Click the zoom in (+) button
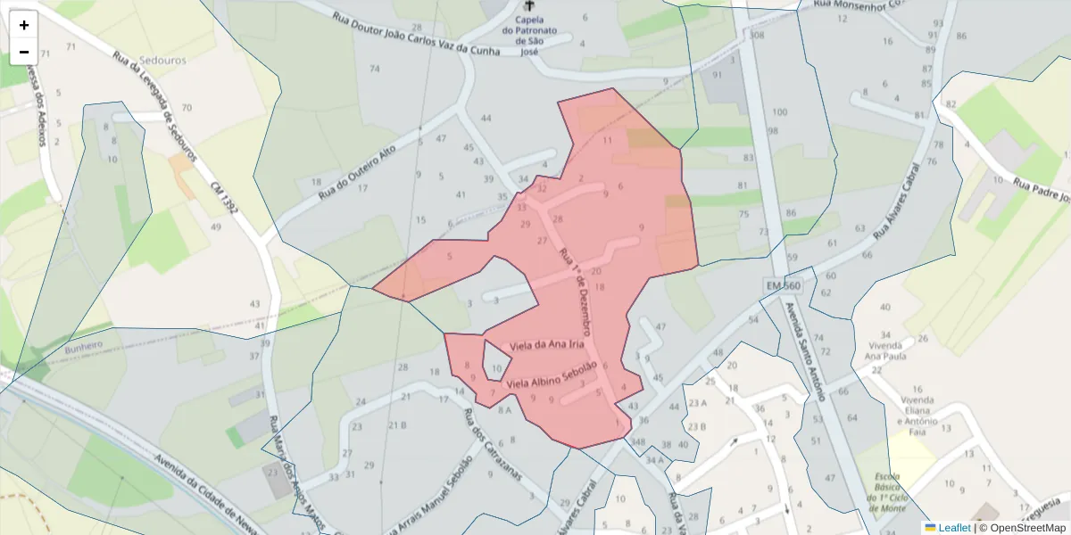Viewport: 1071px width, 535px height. coord(24,25)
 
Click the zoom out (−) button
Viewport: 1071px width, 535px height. coord(24,51)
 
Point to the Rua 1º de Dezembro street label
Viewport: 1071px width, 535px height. coord(575,291)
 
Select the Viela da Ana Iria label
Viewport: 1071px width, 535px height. coord(546,344)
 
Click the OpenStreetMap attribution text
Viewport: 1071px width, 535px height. coord(1023,528)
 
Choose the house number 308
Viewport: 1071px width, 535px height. coord(758,36)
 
